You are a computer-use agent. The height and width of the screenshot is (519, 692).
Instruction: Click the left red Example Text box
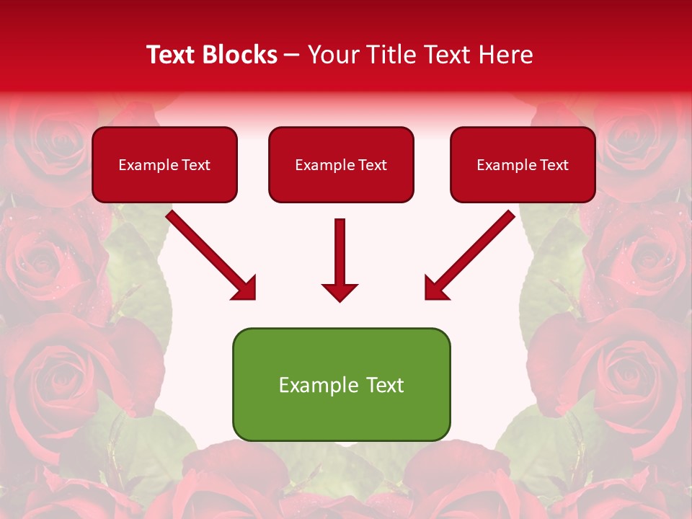coord(164,165)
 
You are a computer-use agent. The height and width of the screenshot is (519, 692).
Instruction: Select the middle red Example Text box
coord(341,165)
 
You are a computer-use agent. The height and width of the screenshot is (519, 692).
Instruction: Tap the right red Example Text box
coord(523,165)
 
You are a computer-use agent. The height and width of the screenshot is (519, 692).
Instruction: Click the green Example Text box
coord(341,384)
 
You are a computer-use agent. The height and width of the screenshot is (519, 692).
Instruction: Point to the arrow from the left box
coord(209,254)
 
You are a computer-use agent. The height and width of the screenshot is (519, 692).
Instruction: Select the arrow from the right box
coord(473,254)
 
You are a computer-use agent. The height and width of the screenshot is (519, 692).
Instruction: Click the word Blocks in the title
coord(239,55)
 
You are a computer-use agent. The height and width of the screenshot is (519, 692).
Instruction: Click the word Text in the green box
coord(386,385)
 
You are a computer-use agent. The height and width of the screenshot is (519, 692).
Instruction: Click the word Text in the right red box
coord(554,165)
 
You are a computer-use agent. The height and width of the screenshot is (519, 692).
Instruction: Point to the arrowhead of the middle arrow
coord(340,292)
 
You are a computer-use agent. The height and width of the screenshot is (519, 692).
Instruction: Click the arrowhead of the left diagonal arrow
coord(246,289)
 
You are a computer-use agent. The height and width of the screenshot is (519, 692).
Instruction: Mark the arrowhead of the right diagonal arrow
coord(435,289)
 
